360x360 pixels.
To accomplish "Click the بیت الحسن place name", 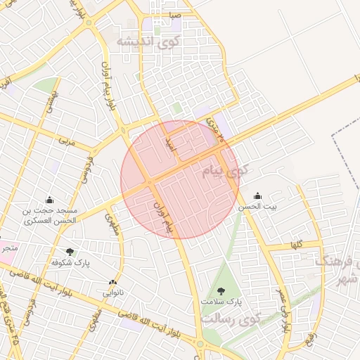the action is [257, 206].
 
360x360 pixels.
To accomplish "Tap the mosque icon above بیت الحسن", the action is [257, 195].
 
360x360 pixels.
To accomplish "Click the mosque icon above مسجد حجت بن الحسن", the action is [49, 200].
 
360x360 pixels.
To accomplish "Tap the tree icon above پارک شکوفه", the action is [70, 251].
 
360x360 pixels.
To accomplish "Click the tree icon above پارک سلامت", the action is [221, 290].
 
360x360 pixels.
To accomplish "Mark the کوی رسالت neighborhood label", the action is [231, 318].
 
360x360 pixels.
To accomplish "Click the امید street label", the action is [169, 144].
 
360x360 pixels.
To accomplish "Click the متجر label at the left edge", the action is [8, 248].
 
